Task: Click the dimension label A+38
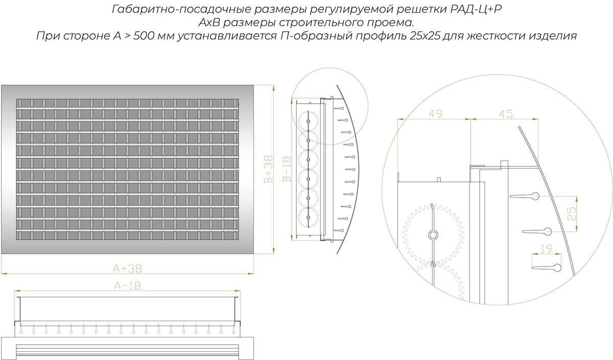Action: coord(128,269)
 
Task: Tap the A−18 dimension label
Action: coord(127,286)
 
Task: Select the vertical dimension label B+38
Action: coord(269,169)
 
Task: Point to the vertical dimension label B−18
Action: coord(287,169)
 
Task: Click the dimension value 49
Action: coord(435,113)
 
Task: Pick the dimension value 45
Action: coord(506,114)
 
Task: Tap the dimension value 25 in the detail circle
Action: coord(572,213)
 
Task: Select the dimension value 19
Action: coord(547,249)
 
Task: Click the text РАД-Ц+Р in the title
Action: coord(476,9)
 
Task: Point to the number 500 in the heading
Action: coord(144,36)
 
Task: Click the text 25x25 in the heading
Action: coord(426,36)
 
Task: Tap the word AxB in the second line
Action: coord(209,22)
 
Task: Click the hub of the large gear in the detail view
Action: coord(433,235)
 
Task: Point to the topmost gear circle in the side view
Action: coord(309,122)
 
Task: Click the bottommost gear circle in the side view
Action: coord(309,218)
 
